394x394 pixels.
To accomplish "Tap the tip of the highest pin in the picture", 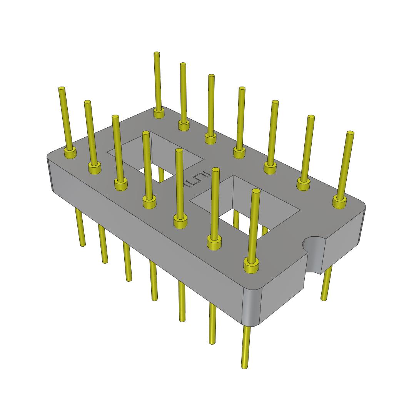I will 157,54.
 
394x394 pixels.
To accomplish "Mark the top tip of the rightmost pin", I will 350,133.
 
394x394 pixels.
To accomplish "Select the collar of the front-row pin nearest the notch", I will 251,265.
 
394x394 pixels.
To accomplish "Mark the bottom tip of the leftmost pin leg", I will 82,244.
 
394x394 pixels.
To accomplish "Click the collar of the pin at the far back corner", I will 159,113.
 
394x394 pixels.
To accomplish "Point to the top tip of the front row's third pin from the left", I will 115,117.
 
